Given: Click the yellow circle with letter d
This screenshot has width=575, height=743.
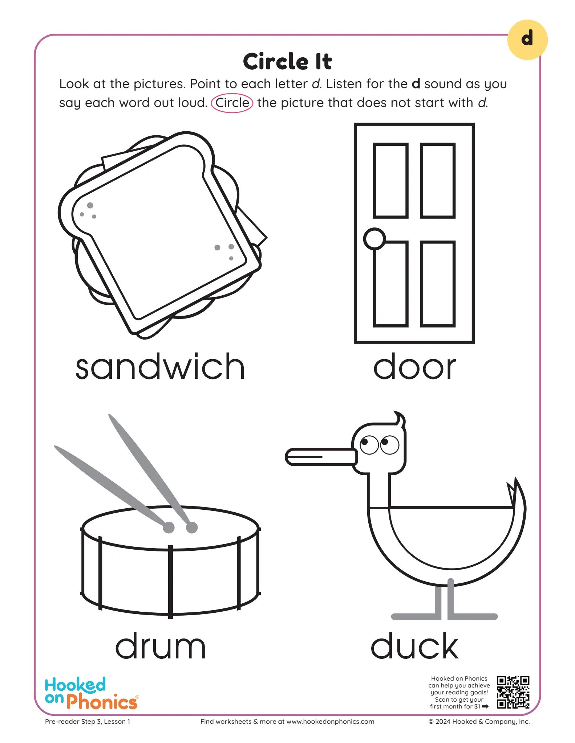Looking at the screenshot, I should click(527, 40).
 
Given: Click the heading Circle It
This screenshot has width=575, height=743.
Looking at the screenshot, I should click(287, 61).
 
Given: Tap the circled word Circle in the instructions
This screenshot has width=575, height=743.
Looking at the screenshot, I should click(232, 103).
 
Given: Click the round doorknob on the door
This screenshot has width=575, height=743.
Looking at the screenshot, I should click(374, 239).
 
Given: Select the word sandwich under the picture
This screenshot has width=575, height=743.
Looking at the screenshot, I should click(160, 367).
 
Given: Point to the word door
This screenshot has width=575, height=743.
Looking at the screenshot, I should click(414, 367).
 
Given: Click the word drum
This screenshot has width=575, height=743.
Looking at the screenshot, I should click(160, 646).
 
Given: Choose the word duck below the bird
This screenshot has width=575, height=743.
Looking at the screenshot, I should click(414, 646).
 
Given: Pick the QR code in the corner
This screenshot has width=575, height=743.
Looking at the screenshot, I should click(513, 692).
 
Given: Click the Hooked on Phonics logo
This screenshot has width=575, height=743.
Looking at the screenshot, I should click(91, 693).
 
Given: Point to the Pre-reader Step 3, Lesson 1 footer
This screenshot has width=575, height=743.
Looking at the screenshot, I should click(88, 722).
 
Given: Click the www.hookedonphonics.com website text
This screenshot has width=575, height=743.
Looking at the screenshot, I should click(330, 722).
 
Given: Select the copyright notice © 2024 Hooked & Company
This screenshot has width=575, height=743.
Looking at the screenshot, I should click(479, 722).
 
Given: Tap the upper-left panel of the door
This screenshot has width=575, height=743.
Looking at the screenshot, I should click(391, 180).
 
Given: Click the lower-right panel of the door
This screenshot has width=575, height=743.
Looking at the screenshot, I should click(438, 284).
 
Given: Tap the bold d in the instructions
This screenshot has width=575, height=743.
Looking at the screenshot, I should click(416, 84).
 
